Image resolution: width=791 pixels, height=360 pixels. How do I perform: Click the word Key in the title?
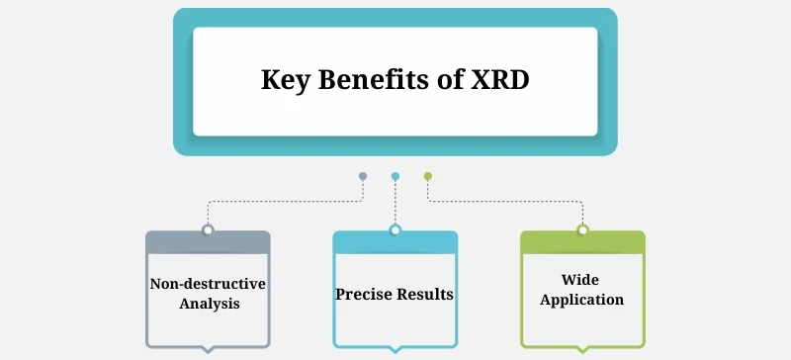pos(284,80)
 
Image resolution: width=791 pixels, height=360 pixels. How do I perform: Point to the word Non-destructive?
pos(208,285)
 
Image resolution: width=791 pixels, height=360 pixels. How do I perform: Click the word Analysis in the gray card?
pos(209,304)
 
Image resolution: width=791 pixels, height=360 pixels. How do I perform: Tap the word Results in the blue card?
pos(427,294)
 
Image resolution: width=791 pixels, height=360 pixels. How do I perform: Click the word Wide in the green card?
pos(582,281)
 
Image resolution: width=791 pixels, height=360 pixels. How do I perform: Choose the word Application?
pos(582,299)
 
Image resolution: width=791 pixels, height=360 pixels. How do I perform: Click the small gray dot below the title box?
pos(363,176)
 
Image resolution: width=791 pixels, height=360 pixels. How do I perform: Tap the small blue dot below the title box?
pos(395,176)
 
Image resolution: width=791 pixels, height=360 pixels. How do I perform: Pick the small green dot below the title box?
pos(428,176)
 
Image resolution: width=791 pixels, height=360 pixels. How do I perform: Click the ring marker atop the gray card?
pos(208,230)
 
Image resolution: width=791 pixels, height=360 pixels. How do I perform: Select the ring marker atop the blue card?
pos(395,230)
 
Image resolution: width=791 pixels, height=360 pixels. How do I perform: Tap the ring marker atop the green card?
pos(582,230)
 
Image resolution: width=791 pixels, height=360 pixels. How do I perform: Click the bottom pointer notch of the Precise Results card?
pos(395,349)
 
